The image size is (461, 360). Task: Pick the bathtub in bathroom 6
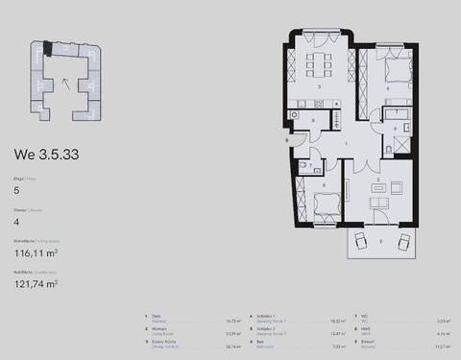point(400,115)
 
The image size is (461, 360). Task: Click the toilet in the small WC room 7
point(303,166)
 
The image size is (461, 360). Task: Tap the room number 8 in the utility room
point(323,186)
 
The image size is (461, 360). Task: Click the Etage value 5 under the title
point(16,191)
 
